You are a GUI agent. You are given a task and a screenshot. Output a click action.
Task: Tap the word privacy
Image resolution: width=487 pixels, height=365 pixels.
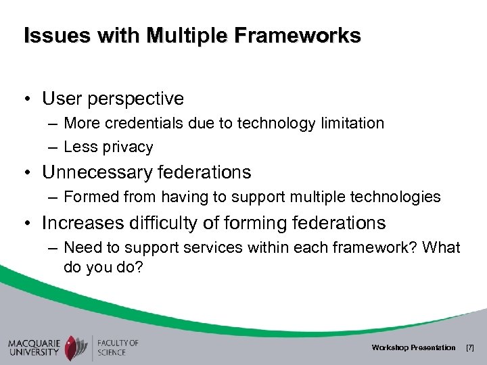point(128,146)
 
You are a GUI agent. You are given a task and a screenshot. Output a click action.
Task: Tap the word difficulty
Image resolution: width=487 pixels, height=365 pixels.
point(168,224)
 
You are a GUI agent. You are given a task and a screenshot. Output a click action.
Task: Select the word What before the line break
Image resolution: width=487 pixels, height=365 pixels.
point(443,249)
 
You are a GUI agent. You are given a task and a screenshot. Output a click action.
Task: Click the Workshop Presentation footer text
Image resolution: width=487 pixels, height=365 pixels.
point(413,347)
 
